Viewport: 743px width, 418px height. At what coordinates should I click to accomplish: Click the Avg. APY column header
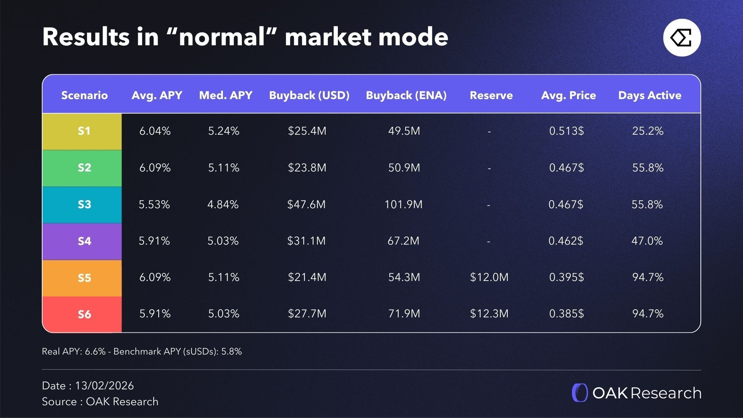click(157, 95)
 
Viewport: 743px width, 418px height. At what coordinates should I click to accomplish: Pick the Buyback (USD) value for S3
click(306, 204)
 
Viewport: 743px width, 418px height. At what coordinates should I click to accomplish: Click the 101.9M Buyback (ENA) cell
click(403, 204)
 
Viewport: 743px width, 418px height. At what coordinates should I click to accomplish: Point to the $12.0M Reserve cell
click(489, 277)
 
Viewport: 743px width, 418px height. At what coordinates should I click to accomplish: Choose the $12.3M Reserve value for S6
click(489, 313)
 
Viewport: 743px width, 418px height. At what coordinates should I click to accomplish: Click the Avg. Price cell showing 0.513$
click(567, 131)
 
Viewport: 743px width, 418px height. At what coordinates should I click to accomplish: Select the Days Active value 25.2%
click(648, 131)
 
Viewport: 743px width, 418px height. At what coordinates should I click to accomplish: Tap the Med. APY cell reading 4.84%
click(223, 204)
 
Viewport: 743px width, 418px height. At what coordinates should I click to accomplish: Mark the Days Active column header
click(650, 95)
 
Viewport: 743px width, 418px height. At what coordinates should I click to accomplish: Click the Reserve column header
click(491, 95)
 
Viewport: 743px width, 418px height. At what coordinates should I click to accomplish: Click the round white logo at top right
click(682, 38)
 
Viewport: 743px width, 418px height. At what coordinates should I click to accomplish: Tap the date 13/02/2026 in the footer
click(104, 385)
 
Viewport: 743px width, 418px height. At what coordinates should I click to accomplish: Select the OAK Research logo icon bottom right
click(580, 393)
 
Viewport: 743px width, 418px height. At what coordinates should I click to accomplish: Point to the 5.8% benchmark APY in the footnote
click(231, 351)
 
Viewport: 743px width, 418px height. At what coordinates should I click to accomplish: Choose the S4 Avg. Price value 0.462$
click(566, 241)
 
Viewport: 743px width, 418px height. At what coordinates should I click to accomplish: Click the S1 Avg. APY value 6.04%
click(155, 131)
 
